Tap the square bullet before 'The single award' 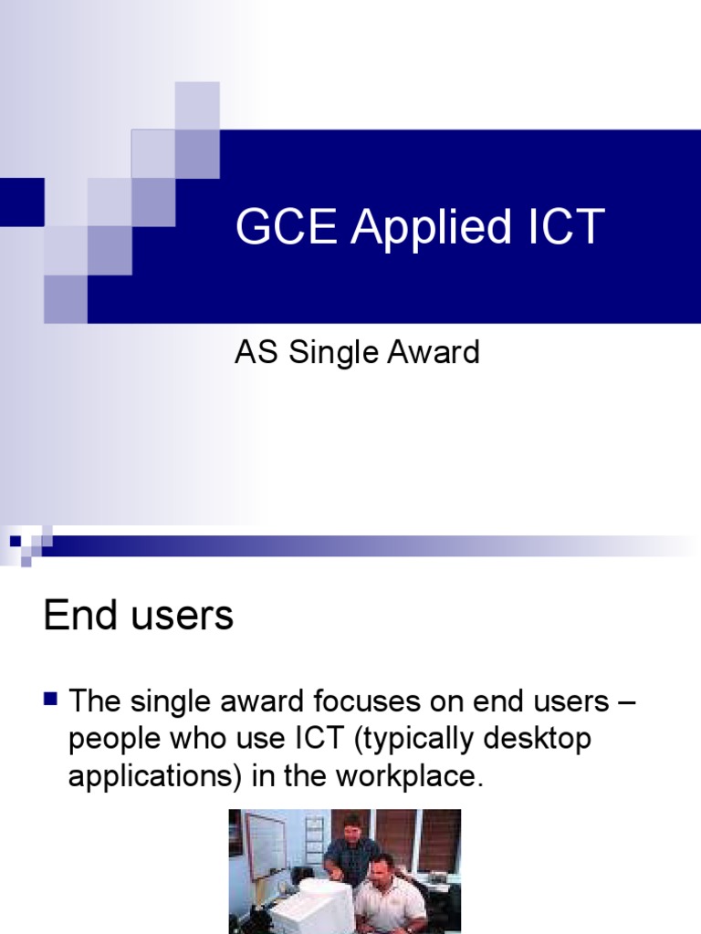(x=51, y=700)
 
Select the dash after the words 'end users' (x=632, y=703)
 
